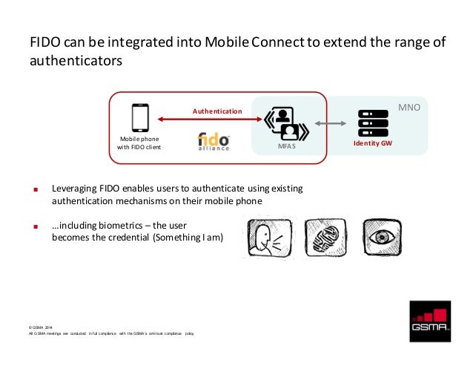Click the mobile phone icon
click(139, 117)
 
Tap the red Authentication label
click(217, 111)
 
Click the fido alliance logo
click(214, 140)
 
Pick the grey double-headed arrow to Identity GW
click(334, 122)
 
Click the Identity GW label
click(373, 142)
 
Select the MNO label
click(409, 108)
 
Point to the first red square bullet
click(34, 189)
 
